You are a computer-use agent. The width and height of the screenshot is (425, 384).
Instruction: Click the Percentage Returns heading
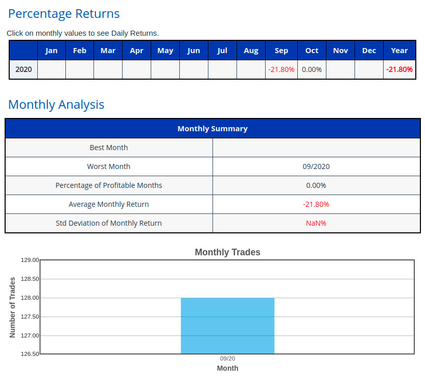[64, 14]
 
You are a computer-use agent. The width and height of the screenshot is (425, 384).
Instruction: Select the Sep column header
[281, 51]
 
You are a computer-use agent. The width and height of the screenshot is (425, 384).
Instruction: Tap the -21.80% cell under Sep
[281, 69]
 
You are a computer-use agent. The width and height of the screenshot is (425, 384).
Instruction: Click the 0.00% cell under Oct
[312, 69]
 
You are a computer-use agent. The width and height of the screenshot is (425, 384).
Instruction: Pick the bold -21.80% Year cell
[399, 69]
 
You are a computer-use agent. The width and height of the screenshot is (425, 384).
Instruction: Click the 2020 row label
[23, 69]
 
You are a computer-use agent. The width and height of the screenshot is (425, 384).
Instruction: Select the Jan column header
[52, 51]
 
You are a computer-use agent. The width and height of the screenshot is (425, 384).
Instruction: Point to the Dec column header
[369, 51]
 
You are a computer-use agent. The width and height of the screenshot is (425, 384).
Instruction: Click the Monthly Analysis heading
[56, 105]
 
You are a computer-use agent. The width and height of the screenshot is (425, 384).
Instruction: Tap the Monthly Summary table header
[212, 129]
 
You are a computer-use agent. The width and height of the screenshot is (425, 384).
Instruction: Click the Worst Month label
[109, 166]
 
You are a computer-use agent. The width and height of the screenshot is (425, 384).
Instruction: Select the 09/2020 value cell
[316, 166]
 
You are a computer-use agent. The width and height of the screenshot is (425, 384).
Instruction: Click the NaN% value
[316, 223]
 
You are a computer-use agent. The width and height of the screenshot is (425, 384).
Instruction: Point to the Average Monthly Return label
[109, 204]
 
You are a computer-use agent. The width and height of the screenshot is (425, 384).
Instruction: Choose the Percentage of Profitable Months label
[109, 185]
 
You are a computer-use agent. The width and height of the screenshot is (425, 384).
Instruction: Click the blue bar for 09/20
[228, 326]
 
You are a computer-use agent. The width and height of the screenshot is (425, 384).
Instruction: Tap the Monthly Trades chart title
[228, 252]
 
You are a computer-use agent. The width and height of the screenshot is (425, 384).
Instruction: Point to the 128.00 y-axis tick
[30, 298]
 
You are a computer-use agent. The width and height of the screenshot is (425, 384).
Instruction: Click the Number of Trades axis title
[13, 307]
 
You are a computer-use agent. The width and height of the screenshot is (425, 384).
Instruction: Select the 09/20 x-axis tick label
[228, 359]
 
